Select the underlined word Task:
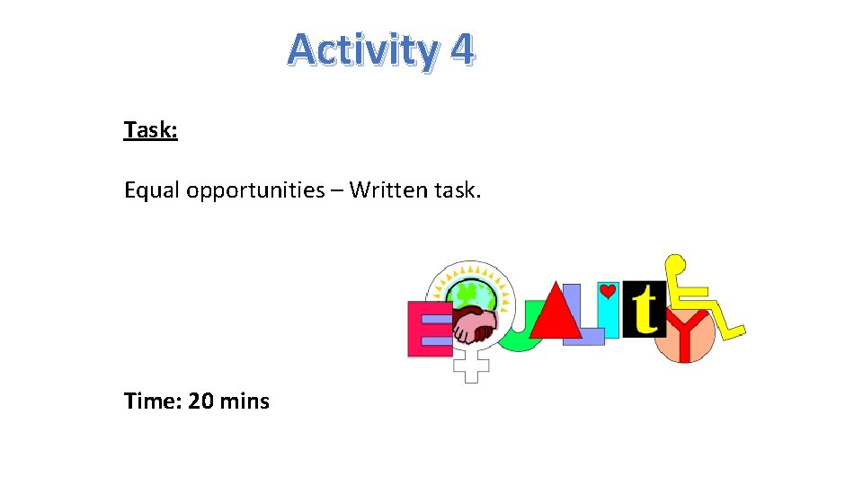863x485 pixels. (150, 130)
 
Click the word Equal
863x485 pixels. (152, 190)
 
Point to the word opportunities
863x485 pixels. (255, 190)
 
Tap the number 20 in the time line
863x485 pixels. (200, 401)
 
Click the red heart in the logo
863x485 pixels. (608, 292)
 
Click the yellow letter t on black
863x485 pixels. (644, 310)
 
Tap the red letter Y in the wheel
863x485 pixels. (685, 337)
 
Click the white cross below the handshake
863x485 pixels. (470, 364)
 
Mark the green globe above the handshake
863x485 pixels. (467, 293)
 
